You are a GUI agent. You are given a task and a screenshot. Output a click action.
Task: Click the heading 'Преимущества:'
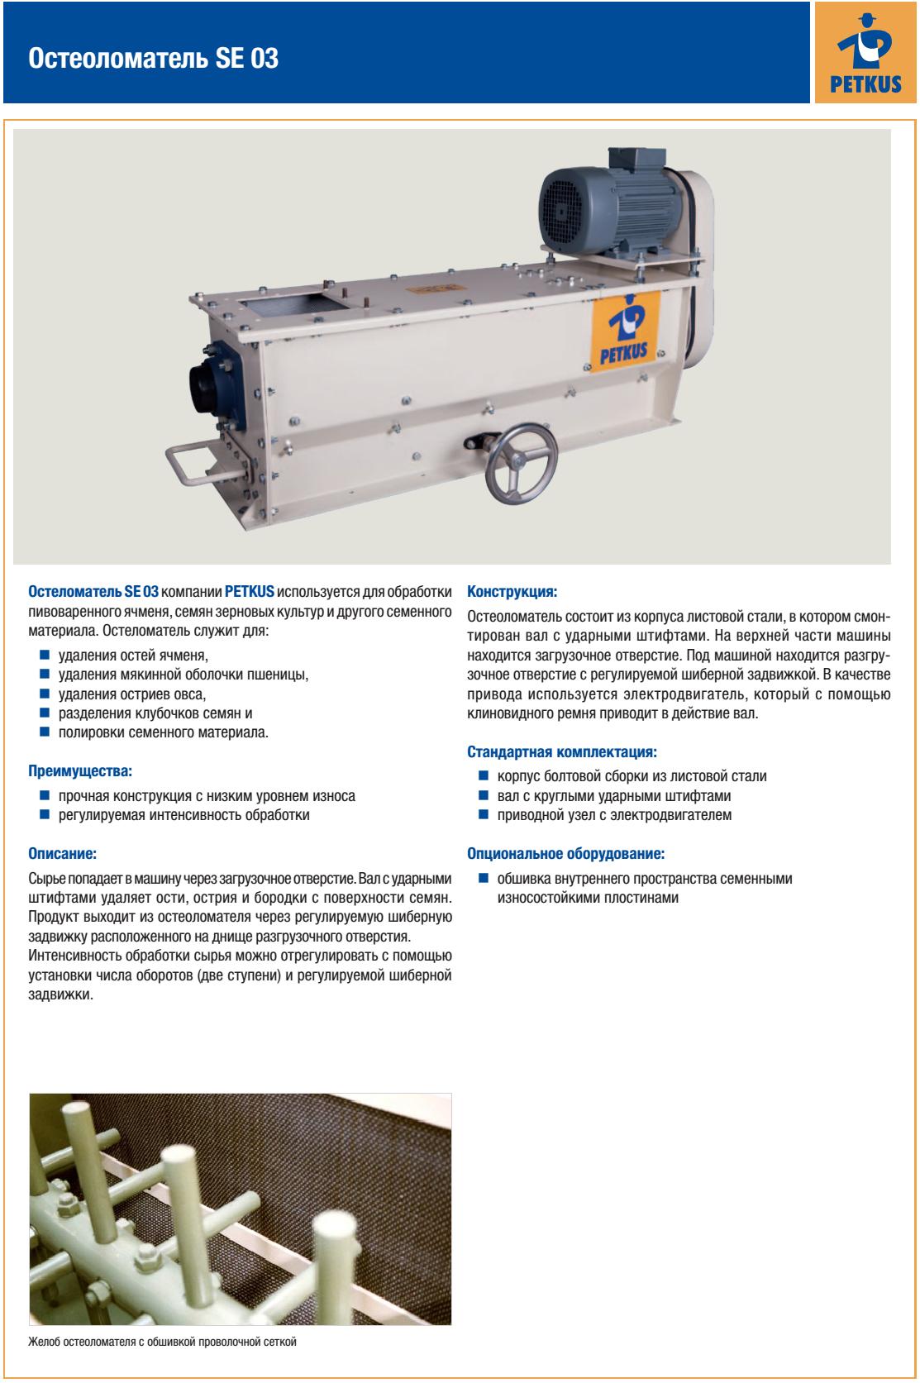pyautogui.click(x=80, y=771)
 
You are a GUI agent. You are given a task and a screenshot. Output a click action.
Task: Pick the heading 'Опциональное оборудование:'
pyautogui.click(x=566, y=853)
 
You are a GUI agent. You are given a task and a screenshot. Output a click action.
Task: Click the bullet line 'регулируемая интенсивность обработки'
pyautogui.click(x=184, y=815)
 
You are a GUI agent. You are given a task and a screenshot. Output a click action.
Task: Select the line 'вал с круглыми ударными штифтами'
pyautogui.click(x=614, y=796)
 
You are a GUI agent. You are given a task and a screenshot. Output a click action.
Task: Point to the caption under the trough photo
pyautogui.click(x=162, y=1342)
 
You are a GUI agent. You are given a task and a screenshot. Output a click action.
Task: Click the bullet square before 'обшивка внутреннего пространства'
pyautogui.click(x=483, y=878)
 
